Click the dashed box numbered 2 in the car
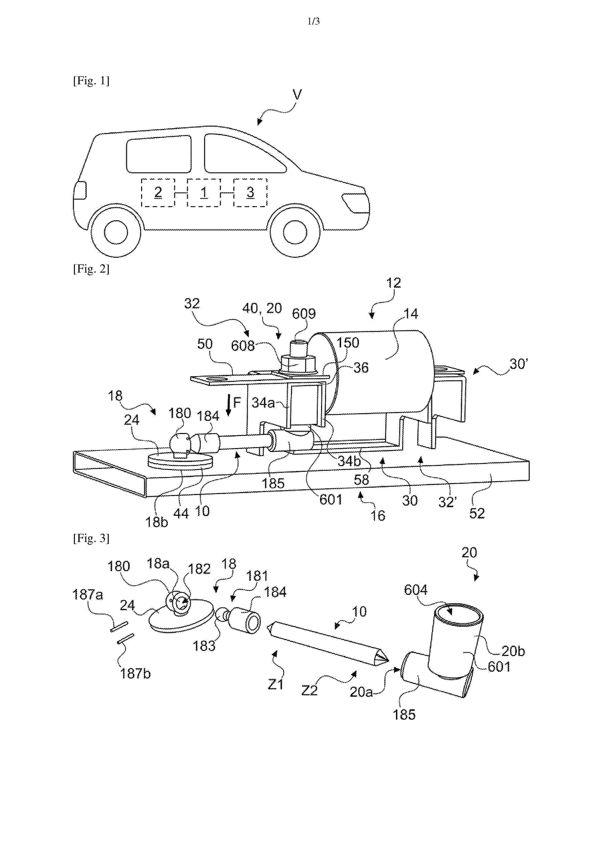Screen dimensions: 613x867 point(158,193)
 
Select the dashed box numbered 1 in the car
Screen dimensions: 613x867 point(204,193)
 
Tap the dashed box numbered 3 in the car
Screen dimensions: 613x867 point(250,193)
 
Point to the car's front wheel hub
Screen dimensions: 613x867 point(295,232)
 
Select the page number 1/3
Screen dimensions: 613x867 point(313,22)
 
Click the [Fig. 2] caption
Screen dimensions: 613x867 point(91,269)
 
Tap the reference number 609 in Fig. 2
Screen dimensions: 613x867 point(304,313)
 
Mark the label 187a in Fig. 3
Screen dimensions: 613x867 point(88,594)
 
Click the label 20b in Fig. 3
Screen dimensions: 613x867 point(513,651)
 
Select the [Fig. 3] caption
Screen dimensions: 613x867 point(91,538)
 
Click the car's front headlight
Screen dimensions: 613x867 point(354,202)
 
